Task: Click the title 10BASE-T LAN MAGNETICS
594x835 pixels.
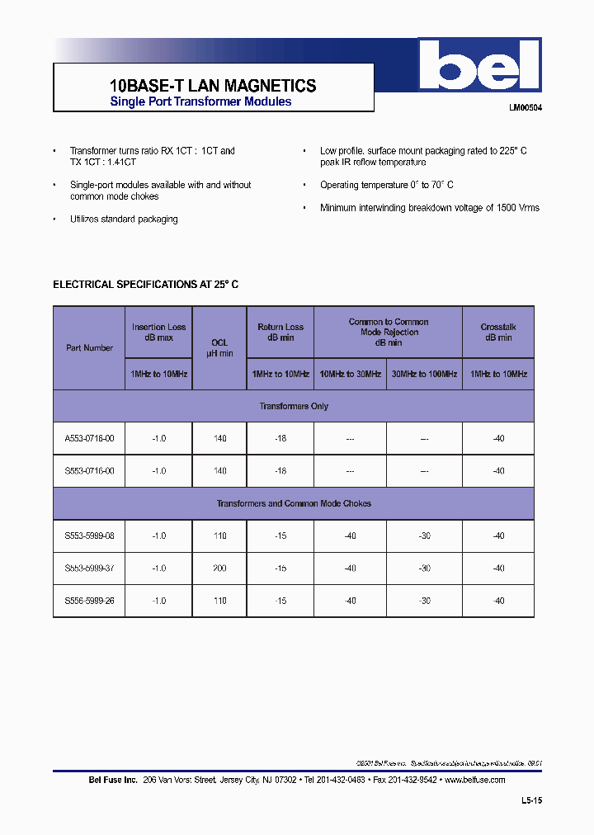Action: click(212, 85)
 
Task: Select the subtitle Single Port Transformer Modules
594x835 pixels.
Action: click(200, 101)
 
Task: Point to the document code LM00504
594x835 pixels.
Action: click(525, 107)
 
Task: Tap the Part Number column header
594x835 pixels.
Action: click(89, 347)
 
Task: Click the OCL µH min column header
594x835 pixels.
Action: click(219, 347)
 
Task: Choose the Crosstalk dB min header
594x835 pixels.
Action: click(497, 332)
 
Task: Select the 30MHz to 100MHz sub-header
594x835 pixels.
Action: click(423, 374)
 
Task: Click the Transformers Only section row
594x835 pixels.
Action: click(294, 406)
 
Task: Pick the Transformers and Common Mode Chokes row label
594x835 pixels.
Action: click(294, 503)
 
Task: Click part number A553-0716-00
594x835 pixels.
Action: click(89, 438)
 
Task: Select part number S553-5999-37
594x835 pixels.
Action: click(89, 568)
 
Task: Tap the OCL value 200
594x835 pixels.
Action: click(219, 568)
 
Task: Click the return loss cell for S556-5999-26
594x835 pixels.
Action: click(280, 601)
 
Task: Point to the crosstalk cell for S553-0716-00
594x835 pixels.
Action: click(497, 470)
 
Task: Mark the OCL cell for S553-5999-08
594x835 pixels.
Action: click(219, 535)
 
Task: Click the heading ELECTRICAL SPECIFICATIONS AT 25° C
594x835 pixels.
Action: click(146, 284)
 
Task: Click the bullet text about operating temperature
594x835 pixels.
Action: click(386, 185)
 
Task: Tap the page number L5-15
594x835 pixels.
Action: click(531, 800)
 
